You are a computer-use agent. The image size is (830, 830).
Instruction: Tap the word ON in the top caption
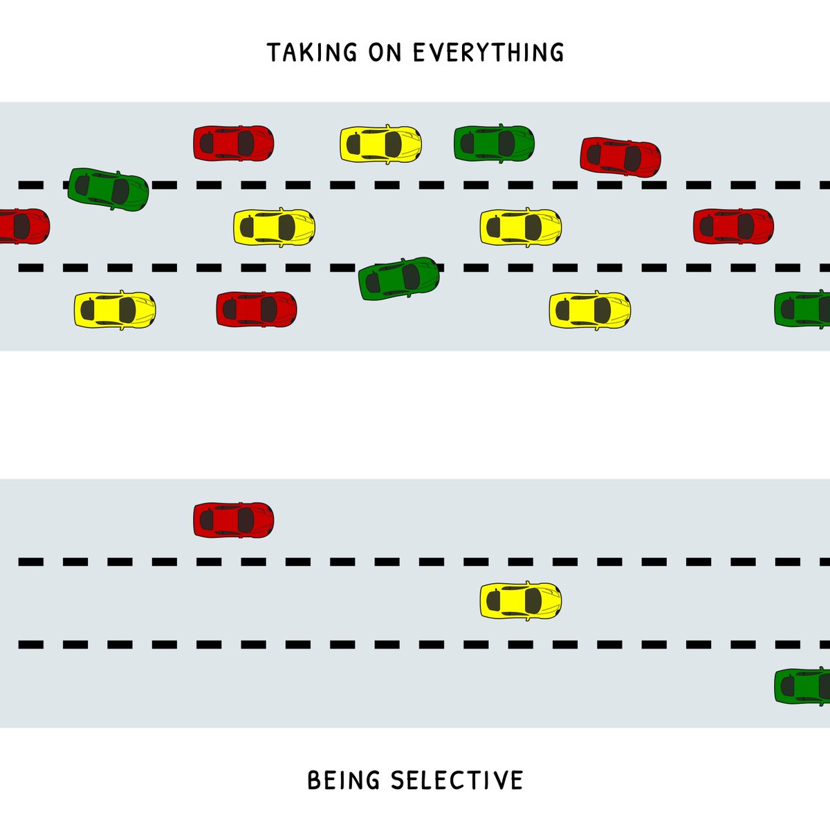(x=385, y=53)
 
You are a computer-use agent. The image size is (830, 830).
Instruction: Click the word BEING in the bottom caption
(x=344, y=780)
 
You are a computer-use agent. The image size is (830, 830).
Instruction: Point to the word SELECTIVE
(x=456, y=780)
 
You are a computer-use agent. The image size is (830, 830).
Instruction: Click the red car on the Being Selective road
(x=233, y=520)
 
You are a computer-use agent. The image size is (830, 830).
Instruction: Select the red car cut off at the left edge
(x=23, y=226)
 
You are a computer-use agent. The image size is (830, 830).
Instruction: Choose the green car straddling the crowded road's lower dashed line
(x=399, y=277)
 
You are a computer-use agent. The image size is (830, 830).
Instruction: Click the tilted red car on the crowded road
(x=620, y=156)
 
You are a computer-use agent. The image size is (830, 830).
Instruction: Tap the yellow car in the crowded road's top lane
(x=380, y=144)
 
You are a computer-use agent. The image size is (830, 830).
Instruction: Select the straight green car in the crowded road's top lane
(x=494, y=143)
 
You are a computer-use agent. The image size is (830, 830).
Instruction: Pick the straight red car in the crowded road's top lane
(x=233, y=143)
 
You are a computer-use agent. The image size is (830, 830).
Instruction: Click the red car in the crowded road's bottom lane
(x=256, y=309)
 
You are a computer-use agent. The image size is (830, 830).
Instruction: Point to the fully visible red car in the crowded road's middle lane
(x=733, y=225)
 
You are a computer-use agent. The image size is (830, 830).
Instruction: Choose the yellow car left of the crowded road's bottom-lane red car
(x=115, y=309)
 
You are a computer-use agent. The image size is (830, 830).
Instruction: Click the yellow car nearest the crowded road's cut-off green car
(x=589, y=309)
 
